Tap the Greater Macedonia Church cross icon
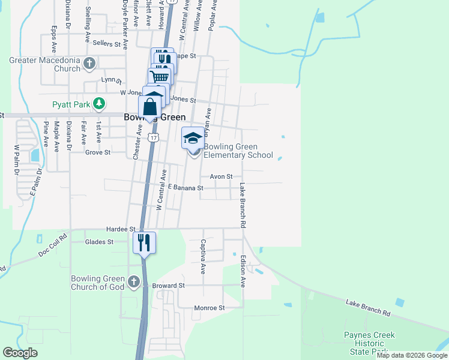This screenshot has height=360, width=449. pyautogui.click(x=89, y=62)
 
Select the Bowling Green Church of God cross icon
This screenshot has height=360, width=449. pyautogui.click(x=133, y=281)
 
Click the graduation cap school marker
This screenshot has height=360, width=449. pyautogui.click(x=193, y=139)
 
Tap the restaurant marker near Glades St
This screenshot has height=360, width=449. pyautogui.click(x=144, y=242)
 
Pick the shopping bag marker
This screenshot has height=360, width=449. pyautogui.click(x=149, y=108)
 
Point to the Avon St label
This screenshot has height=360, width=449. pyautogui.click(x=221, y=176)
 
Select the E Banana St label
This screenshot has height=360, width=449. pyautogui.click(x=186, y=188)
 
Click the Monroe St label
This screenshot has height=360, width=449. pyautogui.click(x=209, y=308)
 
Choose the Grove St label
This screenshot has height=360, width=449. pyautogui.click(x=98, y=152)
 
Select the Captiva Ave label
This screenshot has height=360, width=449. pyautogui.click(x=203, y=253)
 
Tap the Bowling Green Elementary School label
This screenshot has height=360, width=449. pyautogui.click(x=238, y=151)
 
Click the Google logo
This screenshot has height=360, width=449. pyautogui.click(x=20, y=353)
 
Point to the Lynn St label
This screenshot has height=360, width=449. pyautogui.click(x=111, y=80)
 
